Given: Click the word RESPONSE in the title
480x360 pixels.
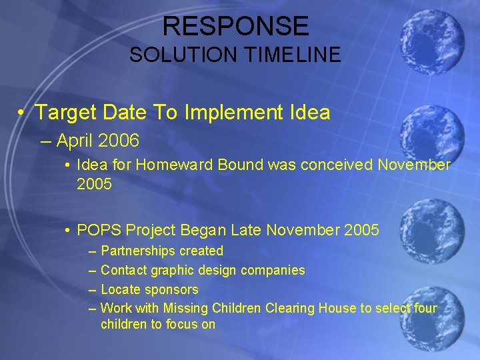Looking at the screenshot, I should (x=235, y=26).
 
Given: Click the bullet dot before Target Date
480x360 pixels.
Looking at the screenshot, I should (x=22, y=113).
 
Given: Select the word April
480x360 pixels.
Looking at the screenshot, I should (x=75, y=141).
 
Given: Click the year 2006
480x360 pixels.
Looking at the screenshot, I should (x=117, y=141).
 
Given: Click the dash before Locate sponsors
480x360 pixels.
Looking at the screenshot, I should (x=92, y=289).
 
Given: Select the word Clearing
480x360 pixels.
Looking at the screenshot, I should (x=289, y=308).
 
